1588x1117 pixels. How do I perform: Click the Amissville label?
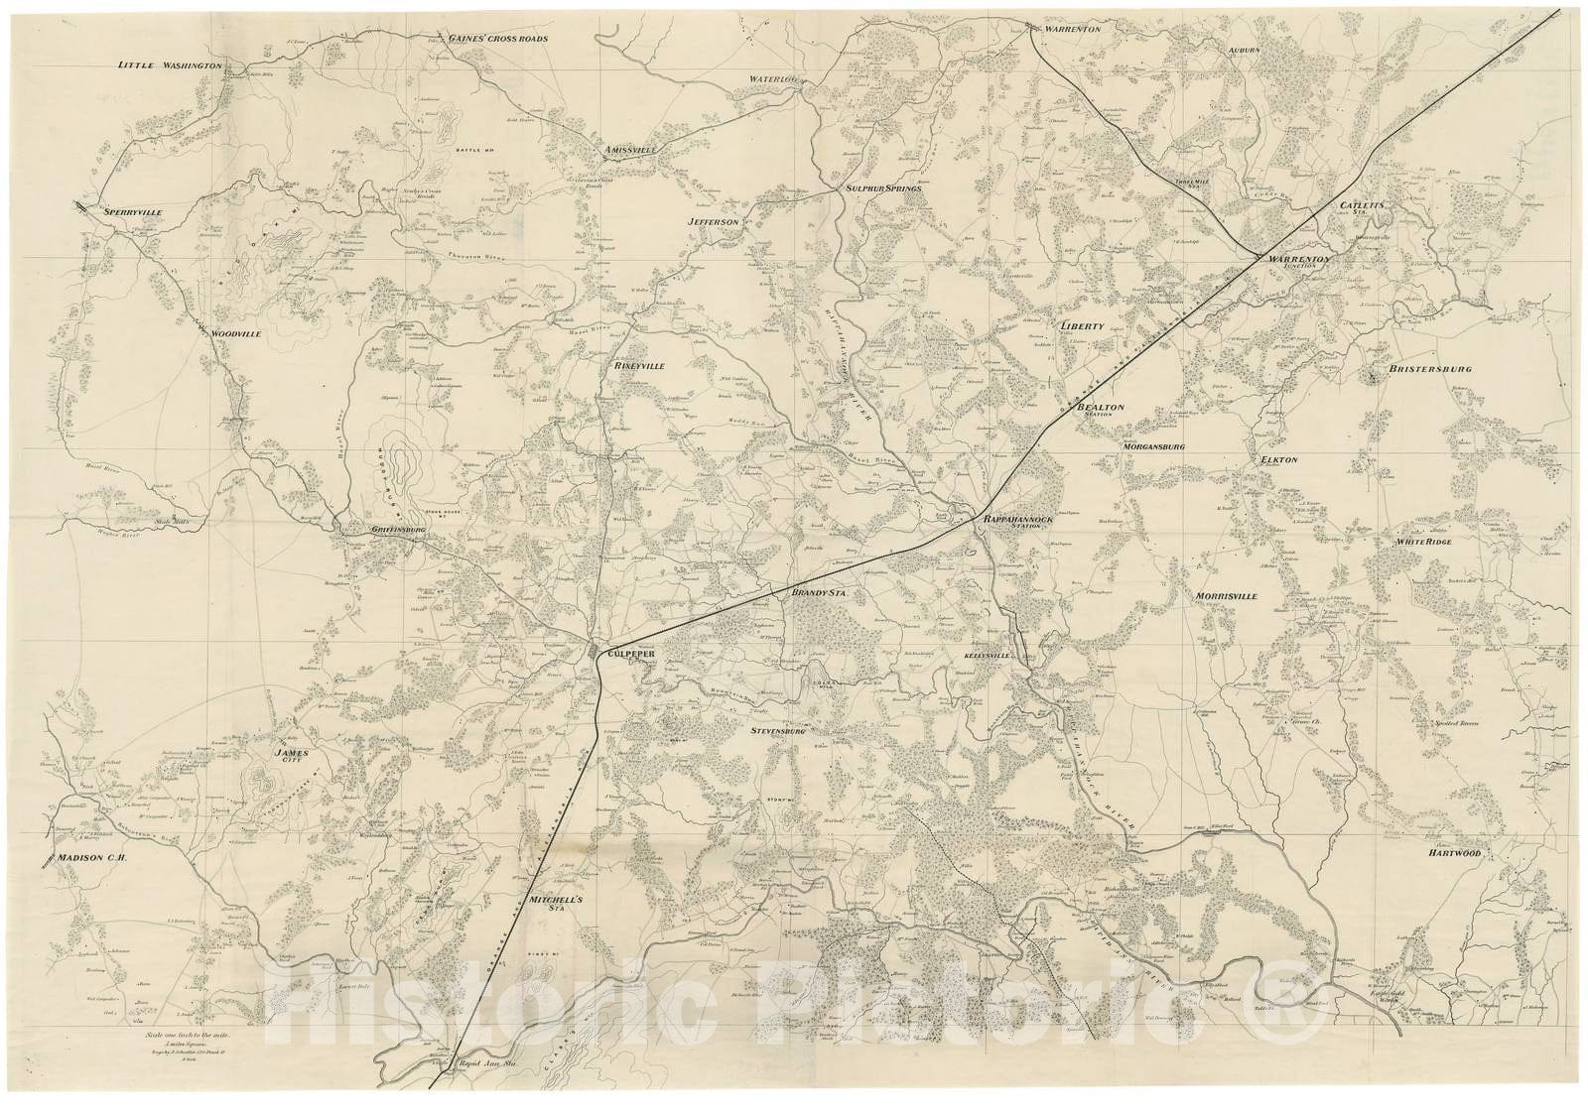tap(632, 151)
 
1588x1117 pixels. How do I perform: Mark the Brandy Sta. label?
tap(817, 592)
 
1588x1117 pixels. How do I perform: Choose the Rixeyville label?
tap(638, 366)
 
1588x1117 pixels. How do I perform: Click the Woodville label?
tap(235, 334)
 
